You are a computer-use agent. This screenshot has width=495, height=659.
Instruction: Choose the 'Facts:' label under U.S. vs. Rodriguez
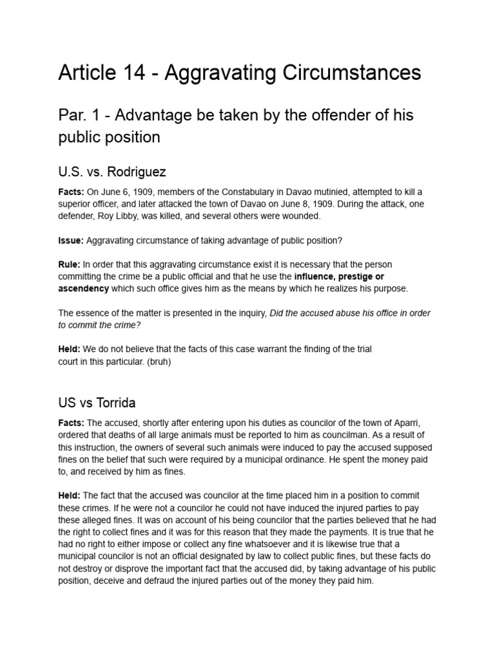point(72,192)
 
